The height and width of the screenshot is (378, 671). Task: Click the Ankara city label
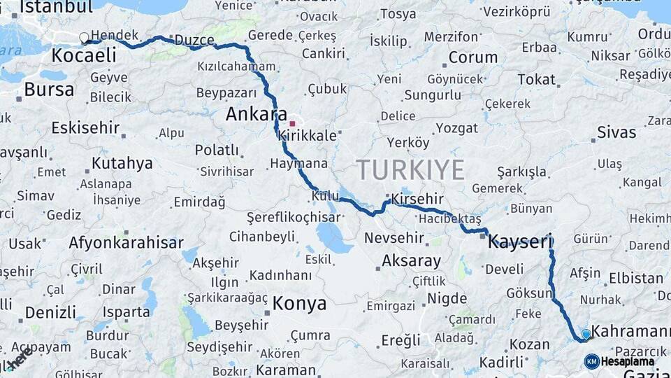[x=257, y=113]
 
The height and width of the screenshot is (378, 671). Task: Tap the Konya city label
[x=299, y=303]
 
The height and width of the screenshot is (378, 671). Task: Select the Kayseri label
[x=521, y=242]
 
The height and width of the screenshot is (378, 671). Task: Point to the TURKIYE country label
[x=410, y=170]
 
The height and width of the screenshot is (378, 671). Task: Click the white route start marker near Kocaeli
[x=85, y=38]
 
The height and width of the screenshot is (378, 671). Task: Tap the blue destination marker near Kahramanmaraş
[x=586, y=335]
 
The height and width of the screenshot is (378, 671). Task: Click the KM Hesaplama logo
[x=620, y=361]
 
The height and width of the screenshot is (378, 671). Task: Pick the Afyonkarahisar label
[x=126, y=243]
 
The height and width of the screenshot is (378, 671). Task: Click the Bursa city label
[x=49, y=89]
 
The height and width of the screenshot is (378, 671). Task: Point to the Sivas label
[x=616, y=132]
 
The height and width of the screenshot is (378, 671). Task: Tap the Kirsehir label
[x=418, y=199]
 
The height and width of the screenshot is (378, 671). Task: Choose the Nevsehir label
[x=394, y=238]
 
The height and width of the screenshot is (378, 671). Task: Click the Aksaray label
[x=411, y=261]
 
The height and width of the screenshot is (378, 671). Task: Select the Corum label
[x=473, y=57]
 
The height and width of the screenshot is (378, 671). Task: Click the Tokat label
[x=536, y=79]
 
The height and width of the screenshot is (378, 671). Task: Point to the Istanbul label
[x=56, y=8]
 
